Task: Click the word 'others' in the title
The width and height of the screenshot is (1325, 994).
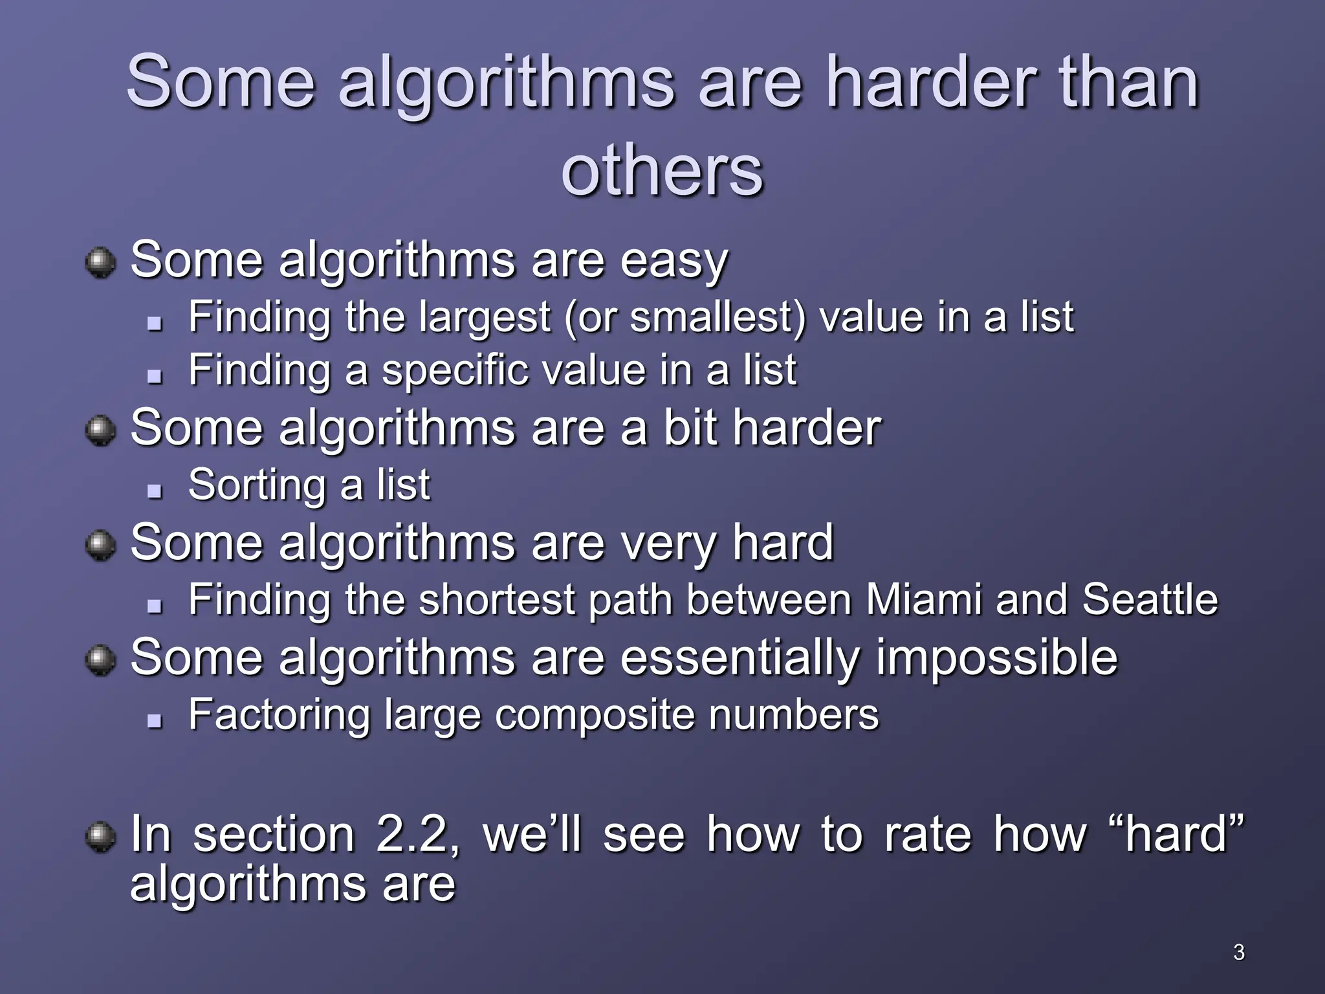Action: click(x=662, y=171)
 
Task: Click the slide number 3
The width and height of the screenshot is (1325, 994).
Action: click(x=1238, y=952)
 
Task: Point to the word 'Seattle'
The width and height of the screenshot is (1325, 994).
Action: click(x=1150, y=599)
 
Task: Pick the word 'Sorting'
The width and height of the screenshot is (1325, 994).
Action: click(x=257, y=485)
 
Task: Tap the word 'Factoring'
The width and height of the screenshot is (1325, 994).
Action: click(x=279, y=716)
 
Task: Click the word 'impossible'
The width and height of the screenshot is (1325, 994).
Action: click(x=996, y=658)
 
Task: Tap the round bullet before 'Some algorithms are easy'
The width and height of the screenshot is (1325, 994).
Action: click(x=100, y=263)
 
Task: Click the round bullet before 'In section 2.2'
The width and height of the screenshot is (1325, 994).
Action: click(x=100, y=837)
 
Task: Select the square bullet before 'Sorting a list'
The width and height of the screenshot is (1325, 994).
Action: click(x=154, y=491)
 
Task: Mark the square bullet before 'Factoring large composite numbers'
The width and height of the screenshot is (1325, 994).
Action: click(x=154, y=720)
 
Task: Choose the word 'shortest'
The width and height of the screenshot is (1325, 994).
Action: click(x=497, y=599)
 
